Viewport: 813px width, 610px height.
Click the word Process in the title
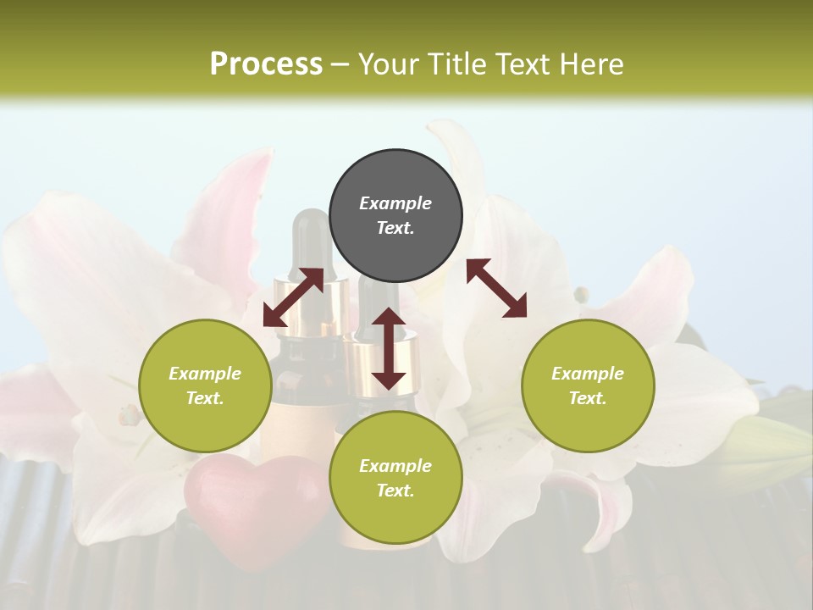point(266,64)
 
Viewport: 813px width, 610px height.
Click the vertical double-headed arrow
point(389,348)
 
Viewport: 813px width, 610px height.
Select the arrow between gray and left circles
point(293,297)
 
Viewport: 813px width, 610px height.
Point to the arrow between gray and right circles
point(497,288)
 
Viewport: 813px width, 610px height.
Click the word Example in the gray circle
point(395,203)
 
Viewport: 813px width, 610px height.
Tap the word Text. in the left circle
point(205,398)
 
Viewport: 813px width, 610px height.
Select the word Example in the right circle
point(588,374)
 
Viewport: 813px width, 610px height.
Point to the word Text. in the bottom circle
point(395,491)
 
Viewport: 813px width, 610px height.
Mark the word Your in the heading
point(388,64)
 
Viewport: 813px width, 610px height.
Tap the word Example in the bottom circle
point(395,466)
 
